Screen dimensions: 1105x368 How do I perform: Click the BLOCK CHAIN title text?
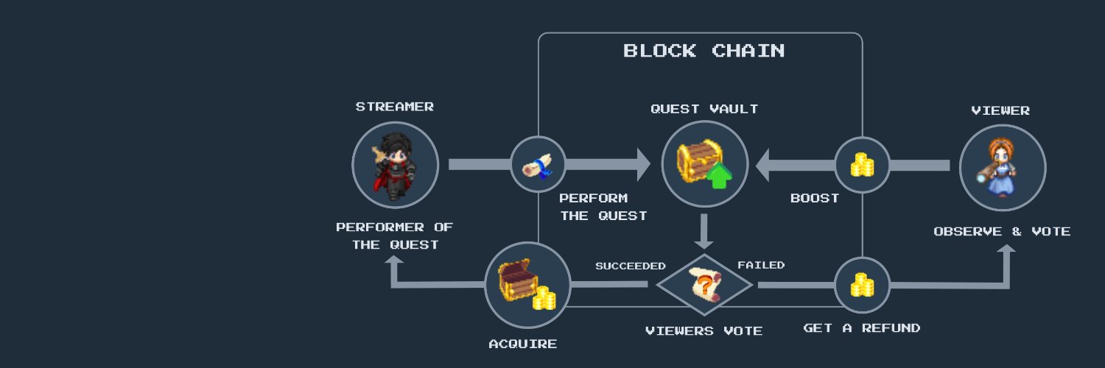704,51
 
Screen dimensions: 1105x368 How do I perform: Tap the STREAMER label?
395,107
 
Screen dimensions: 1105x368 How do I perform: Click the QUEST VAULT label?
704,109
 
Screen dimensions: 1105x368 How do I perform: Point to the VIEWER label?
1000,111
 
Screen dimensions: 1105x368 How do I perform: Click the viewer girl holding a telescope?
997,168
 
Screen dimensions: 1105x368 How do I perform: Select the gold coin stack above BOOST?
863,165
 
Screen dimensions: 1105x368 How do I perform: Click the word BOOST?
815,199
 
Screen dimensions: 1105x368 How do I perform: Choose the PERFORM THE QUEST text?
603,207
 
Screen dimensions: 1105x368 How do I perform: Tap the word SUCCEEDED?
631,266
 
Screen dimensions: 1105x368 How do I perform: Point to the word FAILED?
761,265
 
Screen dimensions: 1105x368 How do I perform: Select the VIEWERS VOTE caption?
704,331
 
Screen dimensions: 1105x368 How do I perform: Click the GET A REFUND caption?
862,328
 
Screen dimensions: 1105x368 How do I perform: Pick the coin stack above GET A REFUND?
863,285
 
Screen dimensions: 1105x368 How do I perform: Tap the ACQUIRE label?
523,344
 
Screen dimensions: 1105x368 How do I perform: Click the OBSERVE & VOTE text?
1002,232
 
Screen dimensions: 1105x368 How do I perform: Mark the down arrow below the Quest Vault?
704,232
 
